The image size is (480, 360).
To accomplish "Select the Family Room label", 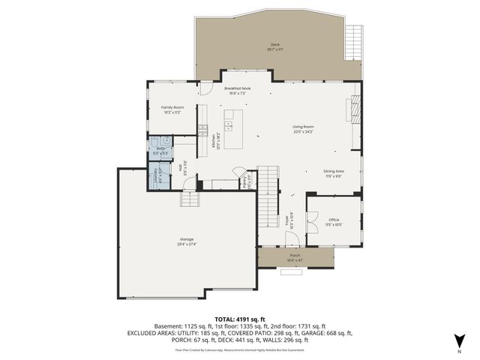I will tap(172, 109).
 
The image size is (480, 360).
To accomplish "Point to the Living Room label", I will tap(303, 129).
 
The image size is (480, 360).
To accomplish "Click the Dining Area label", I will tap(333, 173).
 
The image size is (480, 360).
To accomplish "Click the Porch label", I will tap(295, 256).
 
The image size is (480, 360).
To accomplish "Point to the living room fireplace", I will tap(349, 109).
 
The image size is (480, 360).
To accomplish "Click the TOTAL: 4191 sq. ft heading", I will tap(240, 319).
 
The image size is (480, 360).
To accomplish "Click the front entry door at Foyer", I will tap(292, 241).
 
